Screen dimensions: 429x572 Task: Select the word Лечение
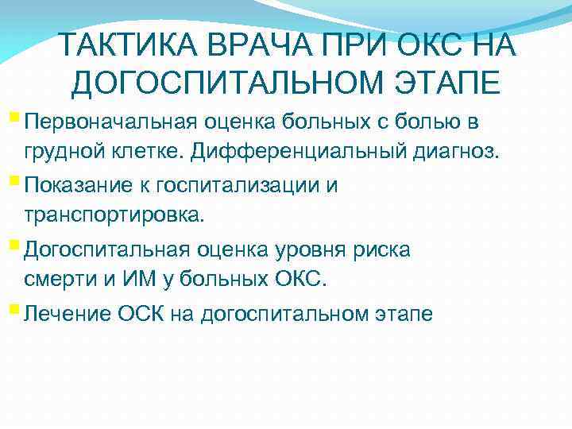64,313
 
